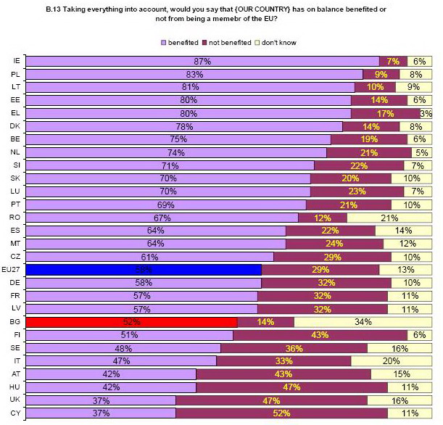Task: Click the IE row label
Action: [x=16, y=61]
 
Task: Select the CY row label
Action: [x=16, y=413]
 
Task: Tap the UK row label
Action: [x=16, y=400]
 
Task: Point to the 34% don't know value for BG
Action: [x=363, y=322]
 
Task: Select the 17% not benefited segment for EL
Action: [x=385, y=114]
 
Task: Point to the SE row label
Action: [x=16, y=348]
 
